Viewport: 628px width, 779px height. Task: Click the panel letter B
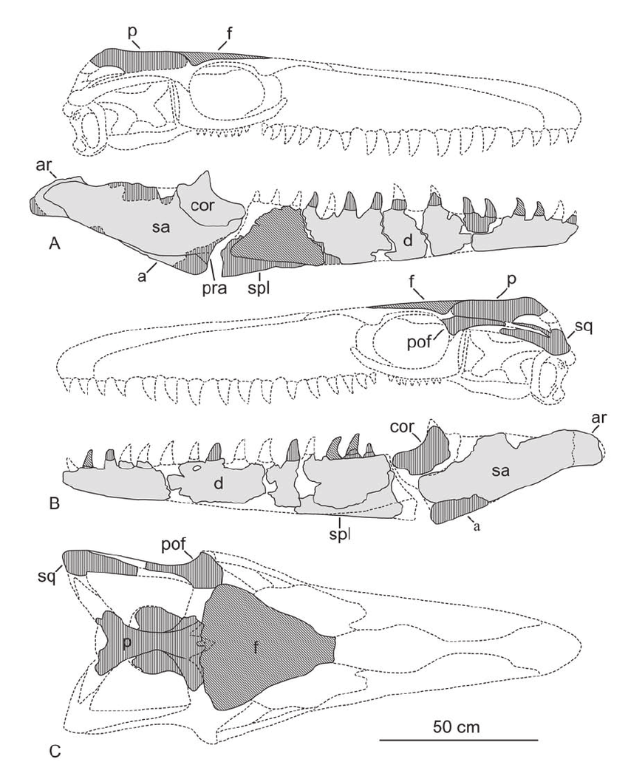55,504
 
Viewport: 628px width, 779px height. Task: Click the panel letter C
55,751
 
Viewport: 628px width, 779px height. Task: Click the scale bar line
459,741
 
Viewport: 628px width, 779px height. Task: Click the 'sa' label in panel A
161,227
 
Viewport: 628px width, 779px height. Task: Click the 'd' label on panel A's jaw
408,241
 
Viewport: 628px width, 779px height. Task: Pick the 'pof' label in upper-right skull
420,343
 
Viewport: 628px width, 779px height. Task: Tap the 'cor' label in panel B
401,426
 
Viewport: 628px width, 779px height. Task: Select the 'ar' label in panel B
598,418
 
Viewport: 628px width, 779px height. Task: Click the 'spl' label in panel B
340,534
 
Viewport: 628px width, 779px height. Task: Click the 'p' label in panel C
126,643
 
